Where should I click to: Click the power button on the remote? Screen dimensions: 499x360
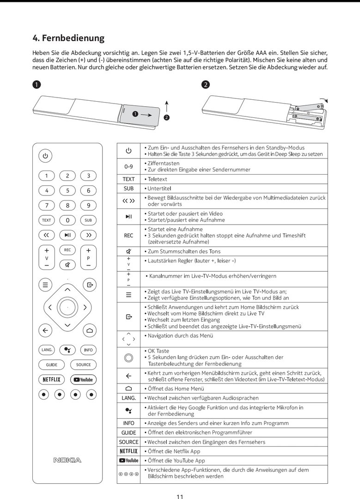(x=45, y=156)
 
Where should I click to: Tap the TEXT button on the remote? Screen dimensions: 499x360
(x=47, y=220)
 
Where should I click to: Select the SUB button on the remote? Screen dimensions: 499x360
(x=88, y=220)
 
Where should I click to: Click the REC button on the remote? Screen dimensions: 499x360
(x=67, y=249)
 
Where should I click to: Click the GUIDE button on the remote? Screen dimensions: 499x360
(x=52, y=365)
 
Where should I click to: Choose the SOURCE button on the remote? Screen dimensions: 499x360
(x=84, y=365)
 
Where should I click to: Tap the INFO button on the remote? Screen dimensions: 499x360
(x=88, y=350)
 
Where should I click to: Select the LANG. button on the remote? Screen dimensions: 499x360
(x=47, y=350)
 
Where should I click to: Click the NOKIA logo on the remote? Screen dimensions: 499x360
(x=67, y=460)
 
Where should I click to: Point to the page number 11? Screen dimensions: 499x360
(x=180, y=497)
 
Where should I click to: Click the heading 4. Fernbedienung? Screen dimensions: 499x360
(x=68, y=38)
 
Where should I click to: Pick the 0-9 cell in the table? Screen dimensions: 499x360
(x=128, y=166)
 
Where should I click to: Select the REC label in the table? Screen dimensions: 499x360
(x=128, y=236)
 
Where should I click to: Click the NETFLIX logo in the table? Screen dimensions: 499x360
(x=128, y=451)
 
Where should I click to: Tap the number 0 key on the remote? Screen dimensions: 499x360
(x=67, y=220)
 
